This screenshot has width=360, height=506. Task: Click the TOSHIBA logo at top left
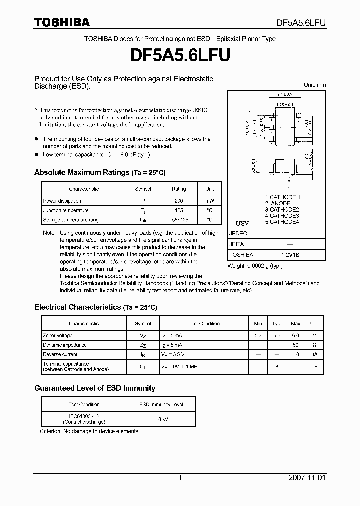pyautogui.click(x=62, y=22)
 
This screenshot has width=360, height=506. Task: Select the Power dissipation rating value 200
pyautogui.click(x=178, y=201)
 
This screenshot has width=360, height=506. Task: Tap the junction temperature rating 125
pyautogui.click(x=178, y=210)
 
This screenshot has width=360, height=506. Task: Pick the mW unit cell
pyautogui.click(x=210, y=201)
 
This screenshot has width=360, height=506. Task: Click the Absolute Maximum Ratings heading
pyautogui.click(x=99, y=173)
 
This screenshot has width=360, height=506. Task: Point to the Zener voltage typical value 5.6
pyautogui.click(x=277, y=336)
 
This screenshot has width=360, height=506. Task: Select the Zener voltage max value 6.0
pyautogui.click(x=295, y=336)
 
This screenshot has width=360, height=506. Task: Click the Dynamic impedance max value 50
pyautogui.click(x=295, y=345)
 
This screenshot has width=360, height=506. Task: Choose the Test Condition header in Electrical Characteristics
pyautogui.click(x=204, y=324)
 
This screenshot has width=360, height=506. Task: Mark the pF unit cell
pyautogui.click(x=314, y=366)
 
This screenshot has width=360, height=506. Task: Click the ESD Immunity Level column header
pyautogui.click(x=161, y=404)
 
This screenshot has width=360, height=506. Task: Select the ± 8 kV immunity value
pyautogui.click(x=161, y=419)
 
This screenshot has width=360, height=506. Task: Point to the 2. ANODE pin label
pyautogui.click(x=277, y=203)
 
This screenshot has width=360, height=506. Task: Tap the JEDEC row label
pyautogui.click(x=238, y=233)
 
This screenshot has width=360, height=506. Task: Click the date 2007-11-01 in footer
pyautogui.click(x=306, y=478)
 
